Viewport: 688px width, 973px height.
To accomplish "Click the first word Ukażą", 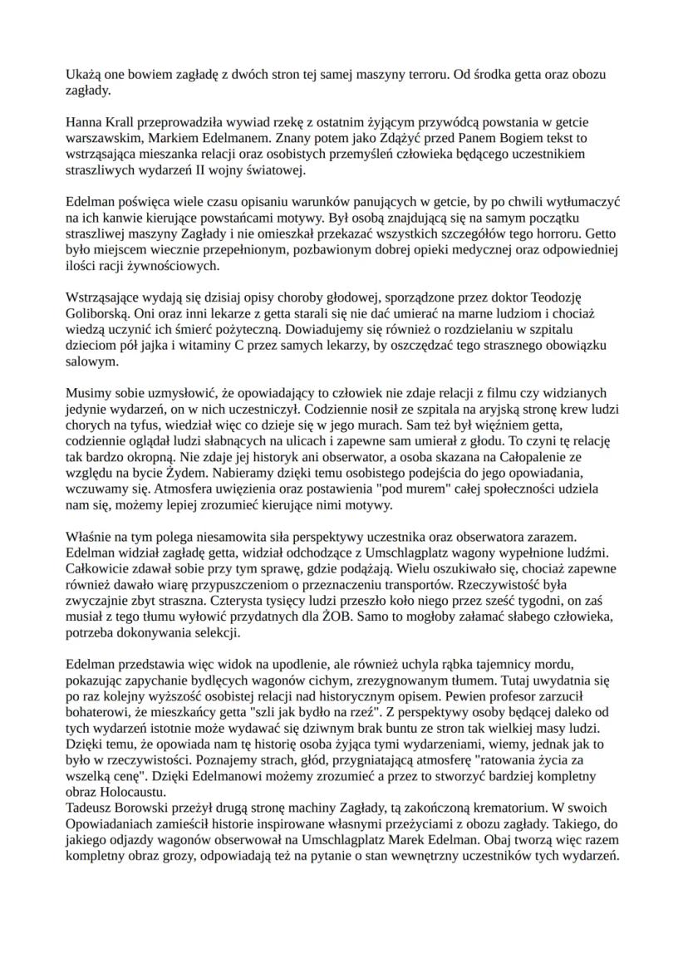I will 82,75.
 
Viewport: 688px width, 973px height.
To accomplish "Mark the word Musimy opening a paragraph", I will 86,393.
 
